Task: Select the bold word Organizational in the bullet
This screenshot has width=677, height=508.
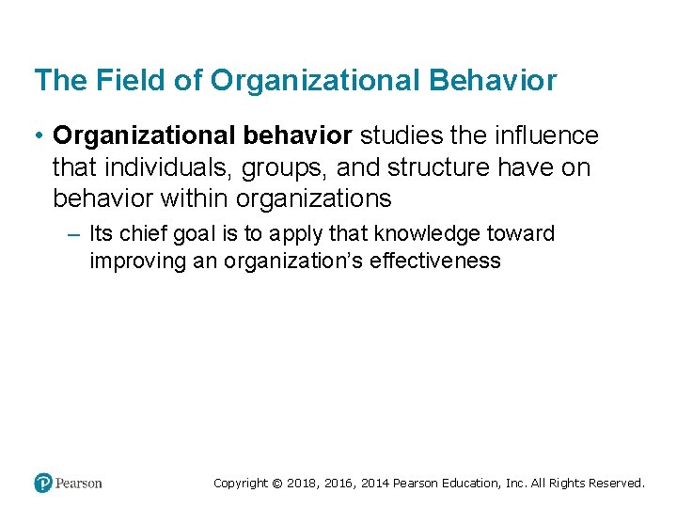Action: pyautogui.click(x=148, y=136)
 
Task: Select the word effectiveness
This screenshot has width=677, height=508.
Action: pyautogui.click(x=436, y=261)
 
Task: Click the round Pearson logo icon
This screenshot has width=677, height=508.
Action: pyautogui.click(x=43, y=484)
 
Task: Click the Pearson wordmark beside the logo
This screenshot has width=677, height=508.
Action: pyautogui.click(x=79, y=484)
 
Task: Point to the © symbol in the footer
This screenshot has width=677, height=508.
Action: pyautogui.click(x=276, y=484)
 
